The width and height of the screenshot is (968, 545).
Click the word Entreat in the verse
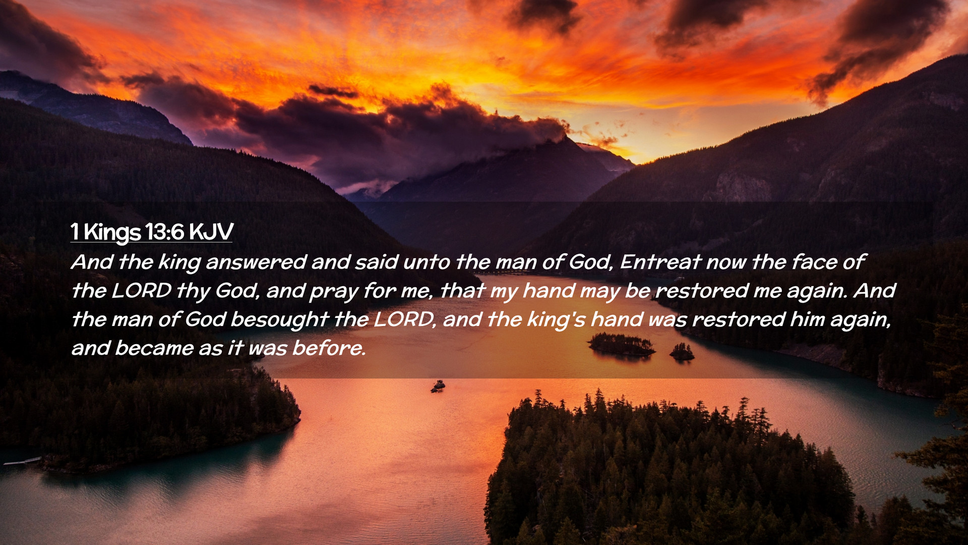(x=660, y=262)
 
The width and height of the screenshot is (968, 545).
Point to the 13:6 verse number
(x=164, y=232)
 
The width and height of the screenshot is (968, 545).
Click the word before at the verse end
(x=329, y=348)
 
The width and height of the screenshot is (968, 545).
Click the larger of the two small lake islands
(x=622, y=344)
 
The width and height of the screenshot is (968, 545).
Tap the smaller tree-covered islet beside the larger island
(x=682, y=352)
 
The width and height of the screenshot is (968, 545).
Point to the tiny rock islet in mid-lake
(x=438, y=387)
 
